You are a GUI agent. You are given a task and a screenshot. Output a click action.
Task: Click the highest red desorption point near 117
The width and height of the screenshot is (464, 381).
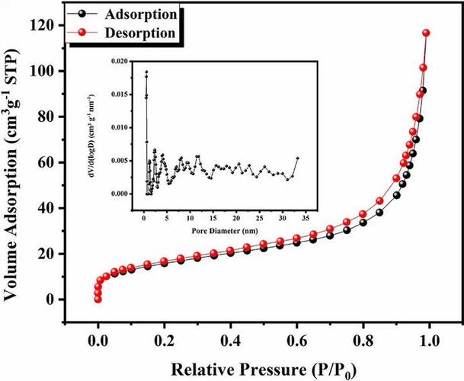point(426,33)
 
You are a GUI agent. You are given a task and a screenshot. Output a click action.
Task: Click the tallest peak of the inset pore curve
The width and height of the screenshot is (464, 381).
point(146,72)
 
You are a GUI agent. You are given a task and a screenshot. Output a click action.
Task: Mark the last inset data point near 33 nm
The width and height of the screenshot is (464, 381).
point(296,158)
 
